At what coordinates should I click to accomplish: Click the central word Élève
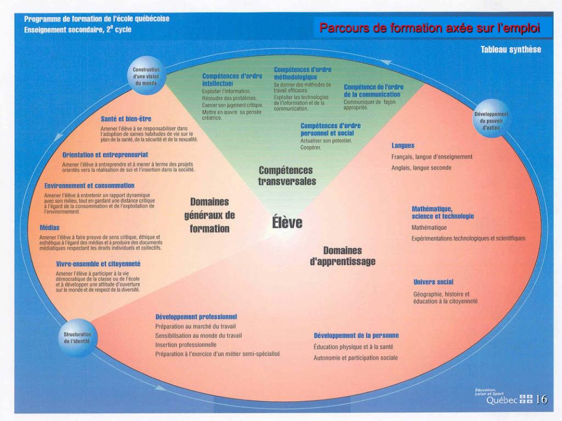click(x=287, y=223)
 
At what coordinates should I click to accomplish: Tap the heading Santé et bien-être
click(x=126, y=119)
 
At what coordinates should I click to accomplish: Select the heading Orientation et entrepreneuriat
click(x=105, y=155)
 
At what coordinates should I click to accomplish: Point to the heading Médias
click(x=49, y=227)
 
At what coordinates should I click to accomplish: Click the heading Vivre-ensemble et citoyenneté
click(x=98, y=264)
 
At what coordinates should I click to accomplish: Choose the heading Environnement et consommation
click(x=89, y=186)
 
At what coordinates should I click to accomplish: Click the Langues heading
click(x=403, y=146)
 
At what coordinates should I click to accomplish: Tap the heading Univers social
click(x=433, y=282)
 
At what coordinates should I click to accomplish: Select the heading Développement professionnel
click(x=196, y=317)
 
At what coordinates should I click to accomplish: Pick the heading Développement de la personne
click(x=356, y=335)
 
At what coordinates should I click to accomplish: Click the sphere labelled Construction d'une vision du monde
click(x=146, y=76)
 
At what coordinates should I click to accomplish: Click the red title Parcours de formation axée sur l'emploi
click(x=430, y=27)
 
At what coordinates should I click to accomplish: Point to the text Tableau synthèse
click(x=510, y=50)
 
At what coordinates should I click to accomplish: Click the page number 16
click(x=541, y=400)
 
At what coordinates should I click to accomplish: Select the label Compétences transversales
click(x=287, y=176)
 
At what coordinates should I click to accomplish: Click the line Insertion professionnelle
click(x=186, y=345)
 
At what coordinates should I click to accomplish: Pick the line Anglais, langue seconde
click(x=421, y=168)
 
